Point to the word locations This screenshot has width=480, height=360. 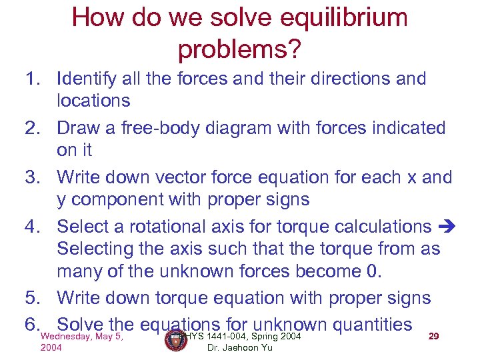pyautogui.click(x=93, y=101)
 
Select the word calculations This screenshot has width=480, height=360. pyautogui.click(x=375, y=227)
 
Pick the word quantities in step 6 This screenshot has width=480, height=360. pyautogui.click(x=371, y=325)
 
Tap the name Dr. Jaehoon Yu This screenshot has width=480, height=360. pyautogui.click(x=239, y=347)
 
